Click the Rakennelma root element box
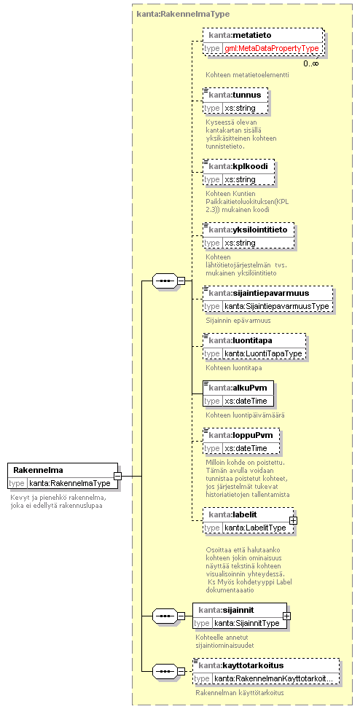63,476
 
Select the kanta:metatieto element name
240,35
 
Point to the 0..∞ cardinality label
310,63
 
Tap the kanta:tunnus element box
235,101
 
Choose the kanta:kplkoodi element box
238,172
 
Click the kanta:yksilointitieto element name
248,230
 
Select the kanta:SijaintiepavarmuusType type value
277,306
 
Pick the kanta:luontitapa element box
254,346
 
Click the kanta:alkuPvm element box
238,393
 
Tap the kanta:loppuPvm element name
240,436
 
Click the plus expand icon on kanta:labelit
293,520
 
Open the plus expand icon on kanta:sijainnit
286,616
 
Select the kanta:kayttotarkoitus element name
241,665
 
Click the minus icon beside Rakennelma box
117,476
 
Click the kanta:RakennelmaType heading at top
183,14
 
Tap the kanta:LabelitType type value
255,528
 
